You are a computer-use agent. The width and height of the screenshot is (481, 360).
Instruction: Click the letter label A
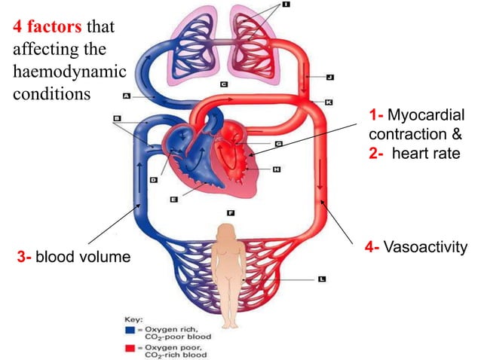tap(127, 96)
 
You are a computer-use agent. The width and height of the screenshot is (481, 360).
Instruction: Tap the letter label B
tap(118, 118)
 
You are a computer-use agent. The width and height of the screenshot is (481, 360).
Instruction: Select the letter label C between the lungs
tap(224, 84)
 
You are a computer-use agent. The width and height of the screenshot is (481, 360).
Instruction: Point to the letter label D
tap(153, 180)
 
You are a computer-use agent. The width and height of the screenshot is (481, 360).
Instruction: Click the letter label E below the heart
tap(174, 200)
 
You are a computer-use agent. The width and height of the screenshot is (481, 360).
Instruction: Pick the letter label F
tap(231, 212)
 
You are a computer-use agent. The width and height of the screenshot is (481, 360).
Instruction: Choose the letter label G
tap(279, 143)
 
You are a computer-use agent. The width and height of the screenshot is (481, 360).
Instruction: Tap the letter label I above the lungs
tap(286, 5)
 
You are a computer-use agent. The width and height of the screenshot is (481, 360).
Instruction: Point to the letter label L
tap(322, 279)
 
